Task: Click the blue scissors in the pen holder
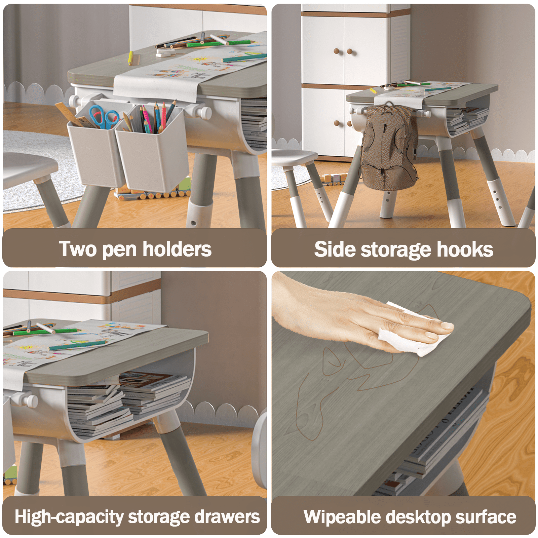104,117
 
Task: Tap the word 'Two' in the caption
78,249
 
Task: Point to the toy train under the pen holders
153,192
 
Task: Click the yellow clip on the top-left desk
130,57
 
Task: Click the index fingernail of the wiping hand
447,325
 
